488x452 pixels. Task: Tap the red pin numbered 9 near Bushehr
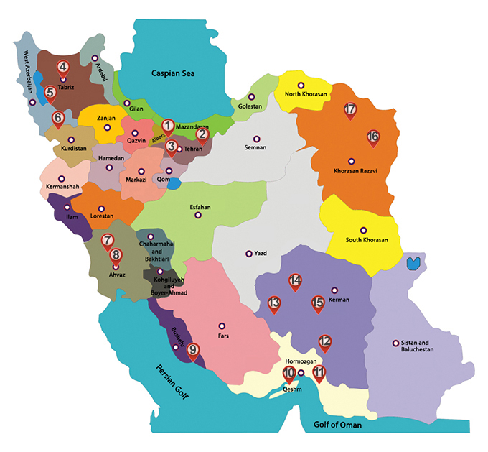[x=193, y=351]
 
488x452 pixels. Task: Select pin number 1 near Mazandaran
[x=168, y=126]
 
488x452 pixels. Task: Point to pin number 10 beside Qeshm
[x=288, y=373]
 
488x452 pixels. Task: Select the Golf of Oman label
[x=338, y=425]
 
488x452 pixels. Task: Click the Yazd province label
[x=260, y=254]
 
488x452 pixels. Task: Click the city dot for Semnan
[x=255, y=139]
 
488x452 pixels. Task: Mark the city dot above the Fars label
[x=222, y=325]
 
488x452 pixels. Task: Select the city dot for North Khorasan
[x=301, y=86]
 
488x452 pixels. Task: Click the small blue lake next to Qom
[x=175, y=183]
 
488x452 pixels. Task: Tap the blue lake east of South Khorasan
[x=413, y=263]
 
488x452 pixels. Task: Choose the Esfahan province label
[x=200, y=206]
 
